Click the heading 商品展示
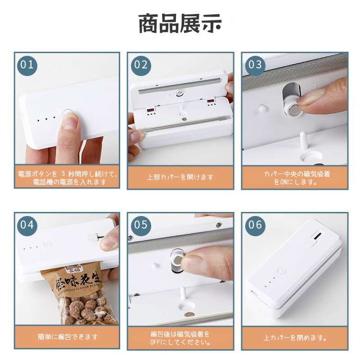(x=180, y=24)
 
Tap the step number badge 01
(x=27, y=65)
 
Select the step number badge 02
(x=141, y=65)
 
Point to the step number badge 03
(x=255, y=65)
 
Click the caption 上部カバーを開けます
(x=180, y=177)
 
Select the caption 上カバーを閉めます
(x=295, y=338)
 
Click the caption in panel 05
(x=180, y=338)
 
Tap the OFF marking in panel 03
(x=311, y=86)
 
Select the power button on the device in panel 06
(x=281, y=271)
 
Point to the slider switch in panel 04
(x=92, y=238)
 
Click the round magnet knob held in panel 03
(x=293, y=110)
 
